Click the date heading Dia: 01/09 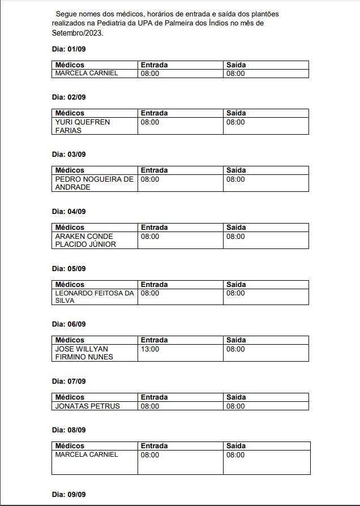68,49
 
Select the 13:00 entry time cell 150,349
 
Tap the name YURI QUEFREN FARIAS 75,126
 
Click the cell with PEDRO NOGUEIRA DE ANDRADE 94,183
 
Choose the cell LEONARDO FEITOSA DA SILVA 94,297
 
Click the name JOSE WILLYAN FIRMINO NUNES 84,353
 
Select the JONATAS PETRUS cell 87,406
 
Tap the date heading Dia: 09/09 68,495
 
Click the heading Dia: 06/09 68,324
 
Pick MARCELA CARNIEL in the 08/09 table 87,454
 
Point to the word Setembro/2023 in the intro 71,33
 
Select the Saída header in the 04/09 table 236,228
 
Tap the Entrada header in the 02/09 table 154,113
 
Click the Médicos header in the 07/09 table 70,397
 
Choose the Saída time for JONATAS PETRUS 235,406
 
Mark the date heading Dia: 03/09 68,154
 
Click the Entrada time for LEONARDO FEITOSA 150,293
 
